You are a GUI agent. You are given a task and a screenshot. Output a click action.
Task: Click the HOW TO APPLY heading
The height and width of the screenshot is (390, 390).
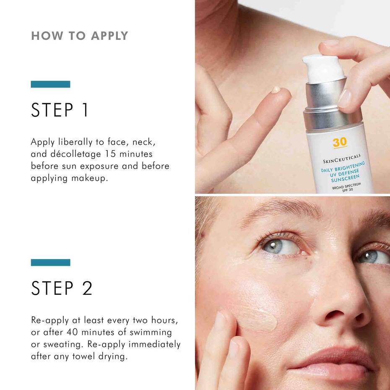(80, 36)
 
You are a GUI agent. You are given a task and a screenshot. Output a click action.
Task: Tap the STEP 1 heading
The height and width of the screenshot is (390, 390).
(60, 110)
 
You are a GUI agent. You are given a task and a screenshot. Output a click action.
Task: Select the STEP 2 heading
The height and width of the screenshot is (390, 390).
(62, 288)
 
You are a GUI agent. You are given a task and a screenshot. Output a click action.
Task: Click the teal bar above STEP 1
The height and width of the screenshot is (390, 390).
(50, 84)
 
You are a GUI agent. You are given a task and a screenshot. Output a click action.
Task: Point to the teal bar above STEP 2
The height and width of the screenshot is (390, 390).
(50, 263)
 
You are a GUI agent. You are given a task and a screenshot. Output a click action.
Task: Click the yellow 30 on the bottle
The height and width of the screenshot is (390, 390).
(340, 143)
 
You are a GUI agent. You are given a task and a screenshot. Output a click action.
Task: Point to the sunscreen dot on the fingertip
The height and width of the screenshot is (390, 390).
(276, 89)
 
